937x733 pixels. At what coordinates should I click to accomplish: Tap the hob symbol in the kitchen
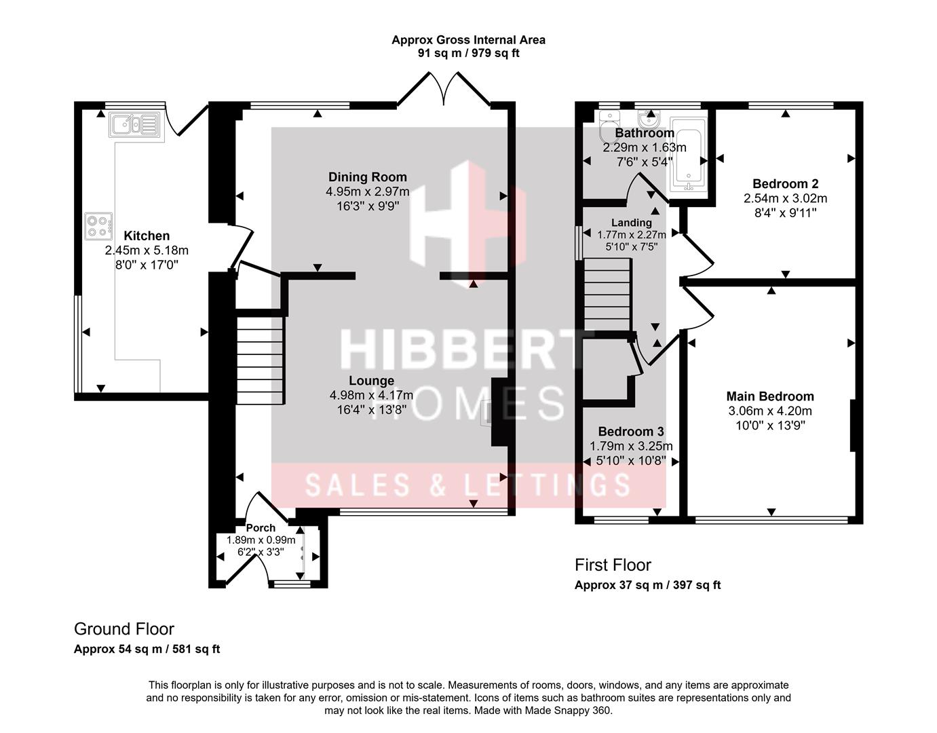click(99, 226)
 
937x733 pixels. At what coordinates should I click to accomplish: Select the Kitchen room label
click(147, 236)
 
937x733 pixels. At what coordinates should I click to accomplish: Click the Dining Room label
click(367, 176)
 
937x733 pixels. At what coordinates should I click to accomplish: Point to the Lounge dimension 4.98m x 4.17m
click(371, 395)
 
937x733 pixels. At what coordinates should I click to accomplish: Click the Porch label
click(261, 528)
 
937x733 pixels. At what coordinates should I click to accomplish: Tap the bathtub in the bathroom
click(689, 154)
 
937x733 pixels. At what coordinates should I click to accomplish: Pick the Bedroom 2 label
click(785, 184)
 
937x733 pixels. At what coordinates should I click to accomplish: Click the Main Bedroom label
click(769, 396)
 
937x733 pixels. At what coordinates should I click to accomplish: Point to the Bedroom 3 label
click(631, 432)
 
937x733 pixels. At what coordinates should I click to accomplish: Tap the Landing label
click(631, 223)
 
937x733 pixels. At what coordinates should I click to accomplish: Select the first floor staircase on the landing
click(607, 295)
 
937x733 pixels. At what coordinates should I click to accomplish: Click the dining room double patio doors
click(444, 88)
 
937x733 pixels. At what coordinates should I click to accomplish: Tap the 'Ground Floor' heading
click(124, 629)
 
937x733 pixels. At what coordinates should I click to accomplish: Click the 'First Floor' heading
click(613, 565)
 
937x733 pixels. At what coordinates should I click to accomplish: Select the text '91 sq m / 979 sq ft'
click(468, 54)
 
